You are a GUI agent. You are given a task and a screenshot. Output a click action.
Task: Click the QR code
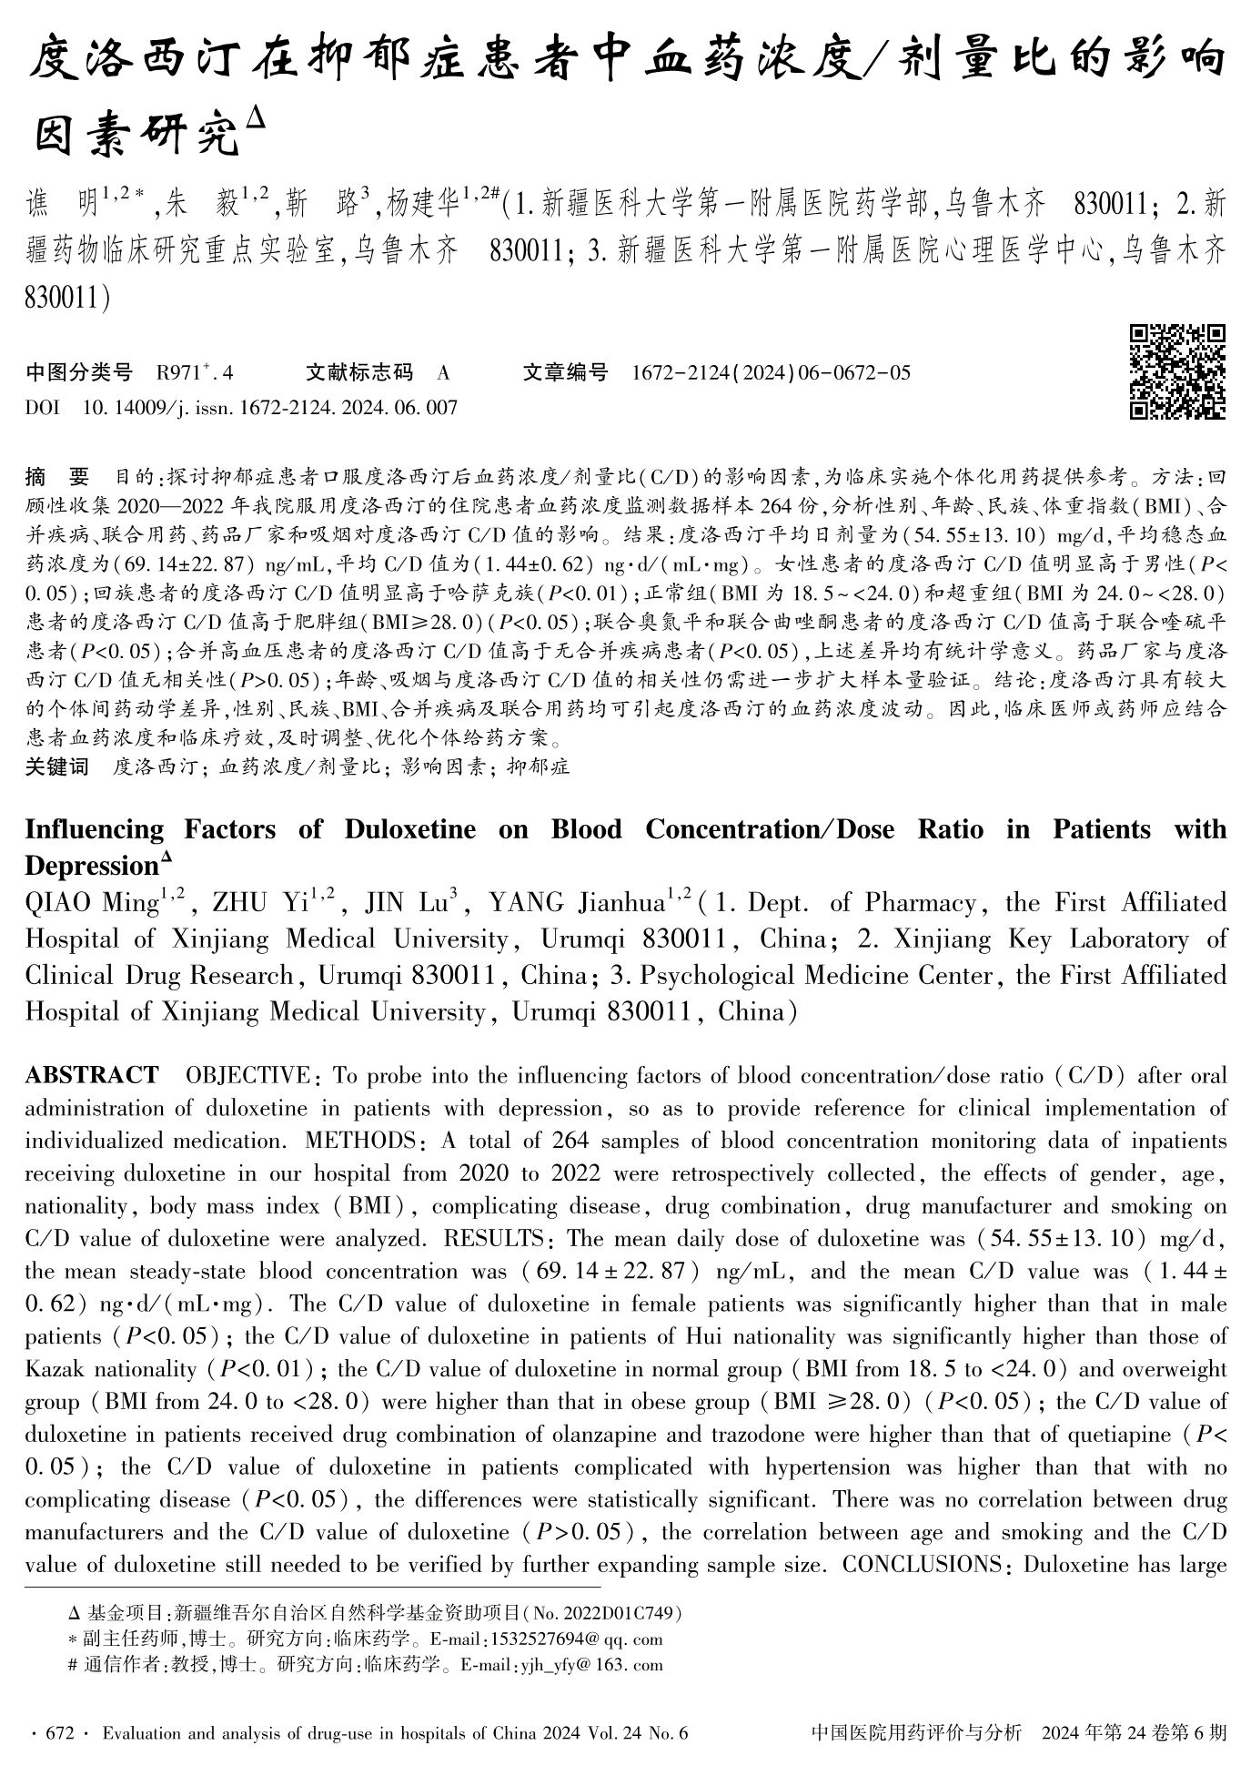(x=1177, y=371)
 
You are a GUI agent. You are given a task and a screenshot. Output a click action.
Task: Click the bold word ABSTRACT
(x=91, y=1076)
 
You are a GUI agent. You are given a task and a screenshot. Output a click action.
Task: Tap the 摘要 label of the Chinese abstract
(x=57, y=476)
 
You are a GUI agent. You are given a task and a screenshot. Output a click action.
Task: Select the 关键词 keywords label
(x=57, y=766)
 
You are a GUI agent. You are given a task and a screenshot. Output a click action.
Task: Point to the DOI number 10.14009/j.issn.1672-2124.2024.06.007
(x=269, y=408)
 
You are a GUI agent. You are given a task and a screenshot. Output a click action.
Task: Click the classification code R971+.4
(x=195, y=372)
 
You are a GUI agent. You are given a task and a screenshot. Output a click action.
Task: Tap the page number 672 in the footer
(x=58, y=1733)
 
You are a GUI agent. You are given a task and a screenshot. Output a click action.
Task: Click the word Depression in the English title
(x=91, y=866)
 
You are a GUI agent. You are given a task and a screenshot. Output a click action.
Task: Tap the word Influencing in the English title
(x=95, y=829)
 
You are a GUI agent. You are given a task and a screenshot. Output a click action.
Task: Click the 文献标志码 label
(x=358, y=372)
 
